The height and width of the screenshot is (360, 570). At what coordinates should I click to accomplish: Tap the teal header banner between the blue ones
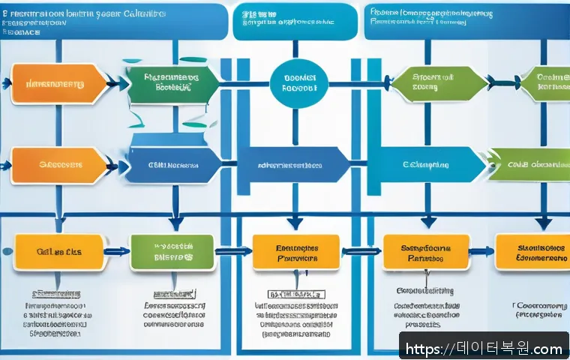[294, 21]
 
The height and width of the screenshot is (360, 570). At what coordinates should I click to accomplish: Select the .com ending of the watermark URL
[546, 349]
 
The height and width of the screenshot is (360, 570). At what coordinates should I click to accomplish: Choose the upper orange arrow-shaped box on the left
[56, 84]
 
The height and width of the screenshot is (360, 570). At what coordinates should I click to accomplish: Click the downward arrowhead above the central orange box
[295, 223]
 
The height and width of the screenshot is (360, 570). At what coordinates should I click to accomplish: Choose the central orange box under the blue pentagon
[295, 252]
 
